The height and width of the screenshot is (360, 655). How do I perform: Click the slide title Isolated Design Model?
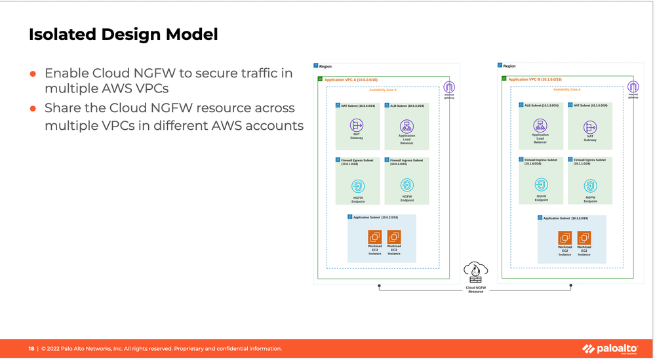click(123, 34)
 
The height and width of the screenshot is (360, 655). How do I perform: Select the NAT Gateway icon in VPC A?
click(357, 125)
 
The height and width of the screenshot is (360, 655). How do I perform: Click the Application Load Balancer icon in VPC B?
click(540, 125)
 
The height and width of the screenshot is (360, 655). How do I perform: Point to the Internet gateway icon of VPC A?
click(449, 87)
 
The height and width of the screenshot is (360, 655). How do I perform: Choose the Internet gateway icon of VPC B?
click(633, 87)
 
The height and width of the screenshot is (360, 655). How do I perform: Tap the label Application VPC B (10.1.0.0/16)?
click(535, 79)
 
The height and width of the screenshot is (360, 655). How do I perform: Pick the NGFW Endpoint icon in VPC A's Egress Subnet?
click(358, 186)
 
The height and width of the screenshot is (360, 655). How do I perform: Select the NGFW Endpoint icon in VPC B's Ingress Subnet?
click(541, 185)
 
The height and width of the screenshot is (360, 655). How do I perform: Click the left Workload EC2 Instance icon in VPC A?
click(375, 237)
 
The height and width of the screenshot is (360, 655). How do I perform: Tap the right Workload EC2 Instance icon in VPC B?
click(584, 237)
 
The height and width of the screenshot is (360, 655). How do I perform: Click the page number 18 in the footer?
click(31, 349)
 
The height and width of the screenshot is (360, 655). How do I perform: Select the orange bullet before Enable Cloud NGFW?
click(33, 74)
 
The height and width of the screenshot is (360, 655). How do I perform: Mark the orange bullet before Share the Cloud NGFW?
click(33, 109)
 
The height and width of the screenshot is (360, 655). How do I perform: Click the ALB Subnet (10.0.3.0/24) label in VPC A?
click(407, 106)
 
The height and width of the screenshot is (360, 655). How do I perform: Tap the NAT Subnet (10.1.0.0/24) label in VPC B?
click(590, 105)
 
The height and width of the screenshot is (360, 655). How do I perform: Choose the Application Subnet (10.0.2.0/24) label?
click(375, 217)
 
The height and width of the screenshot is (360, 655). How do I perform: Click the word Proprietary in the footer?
click(191, 349)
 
